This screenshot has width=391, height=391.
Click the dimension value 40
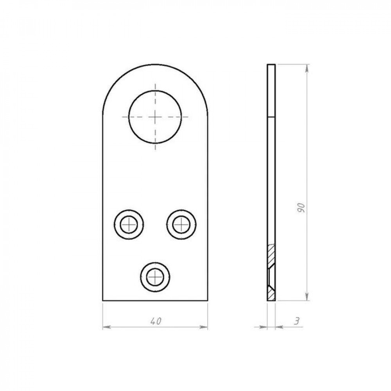coord(156,321)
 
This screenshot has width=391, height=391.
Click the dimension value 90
coord(301,208)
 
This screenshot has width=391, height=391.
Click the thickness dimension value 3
coord(296,321)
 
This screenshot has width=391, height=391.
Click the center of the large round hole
coord(155,117)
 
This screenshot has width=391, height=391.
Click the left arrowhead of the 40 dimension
coord(106,327)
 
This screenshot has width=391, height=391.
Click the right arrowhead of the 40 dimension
coord(204,327)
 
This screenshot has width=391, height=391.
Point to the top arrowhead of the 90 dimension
coord(307,68)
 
